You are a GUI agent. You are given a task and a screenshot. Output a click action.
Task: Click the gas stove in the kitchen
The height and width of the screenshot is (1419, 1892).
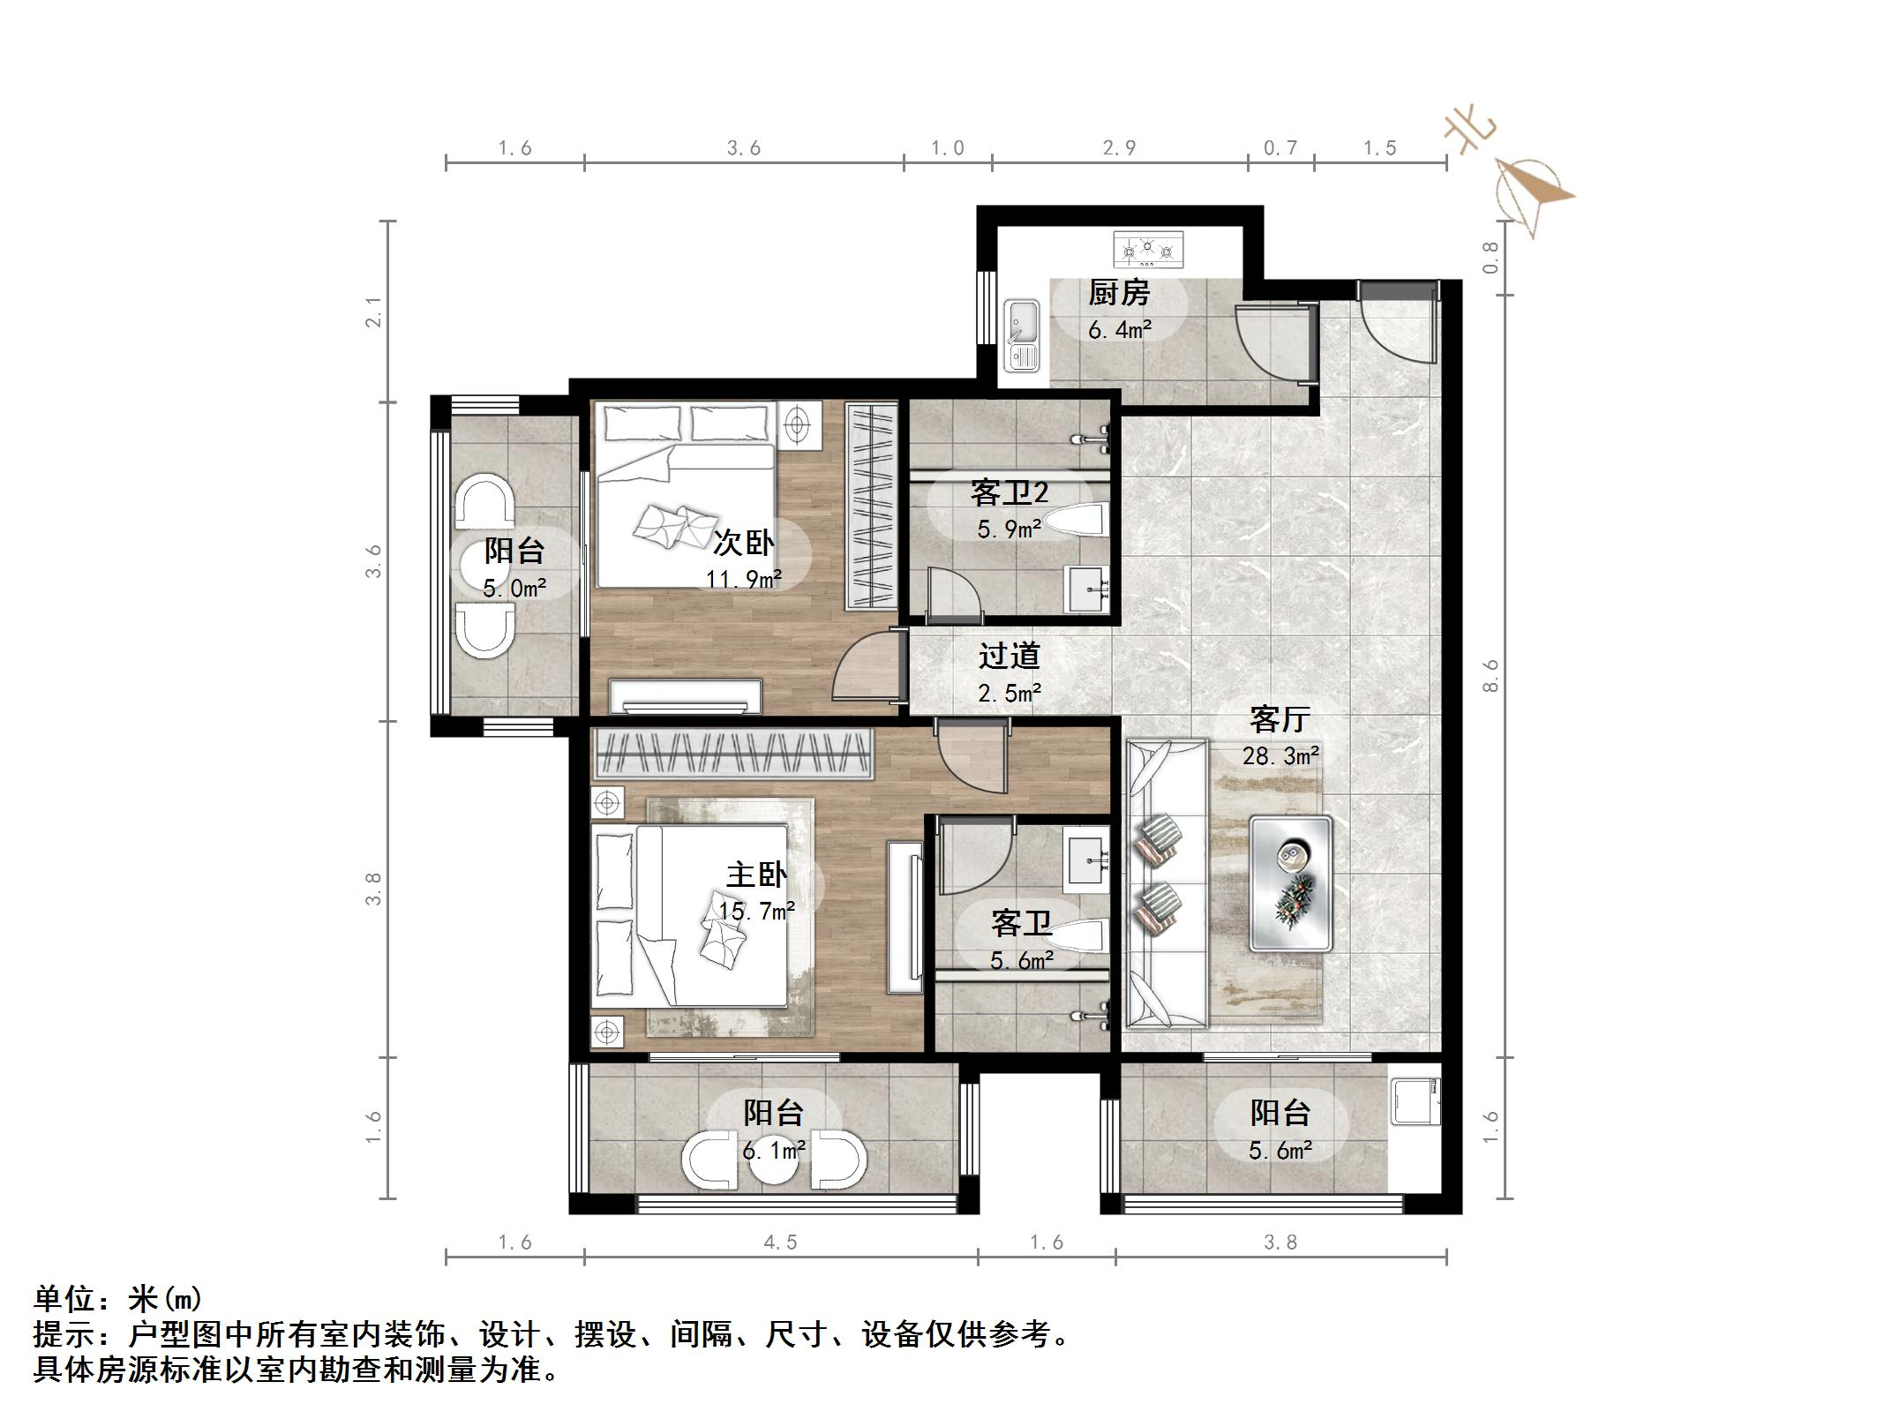click(x=1147, y=250)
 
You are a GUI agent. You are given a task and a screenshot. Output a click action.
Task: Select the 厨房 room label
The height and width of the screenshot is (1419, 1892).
click(x=1118, y=293)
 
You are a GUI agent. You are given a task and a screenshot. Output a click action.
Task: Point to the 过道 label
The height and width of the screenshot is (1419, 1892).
click(x=1009, y=656)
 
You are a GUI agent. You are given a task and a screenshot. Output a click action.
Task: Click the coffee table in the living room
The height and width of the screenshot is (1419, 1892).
click(x=1290, y=883)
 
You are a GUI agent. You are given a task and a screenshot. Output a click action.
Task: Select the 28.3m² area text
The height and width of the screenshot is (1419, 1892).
click(x=1280, y=756)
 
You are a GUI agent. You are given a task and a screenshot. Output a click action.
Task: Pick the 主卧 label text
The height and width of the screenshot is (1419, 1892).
click(x=756, y=875)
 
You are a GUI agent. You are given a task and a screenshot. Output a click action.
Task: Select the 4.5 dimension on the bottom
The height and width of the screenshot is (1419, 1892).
click(x=780, y=1243)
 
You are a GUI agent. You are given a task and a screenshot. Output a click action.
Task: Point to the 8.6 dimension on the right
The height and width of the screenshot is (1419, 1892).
click(x=1490, y=675)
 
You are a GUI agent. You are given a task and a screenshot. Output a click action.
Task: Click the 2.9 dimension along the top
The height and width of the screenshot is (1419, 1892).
click(x=1119, y=148)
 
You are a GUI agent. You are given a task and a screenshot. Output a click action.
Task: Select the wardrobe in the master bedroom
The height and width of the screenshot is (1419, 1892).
click(x=732, y=754)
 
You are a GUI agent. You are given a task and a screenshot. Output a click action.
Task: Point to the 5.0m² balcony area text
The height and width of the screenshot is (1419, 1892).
click(x=514, y=588)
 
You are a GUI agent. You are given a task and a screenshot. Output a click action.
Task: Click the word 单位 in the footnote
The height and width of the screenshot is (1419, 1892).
click(x=64, y=1299)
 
